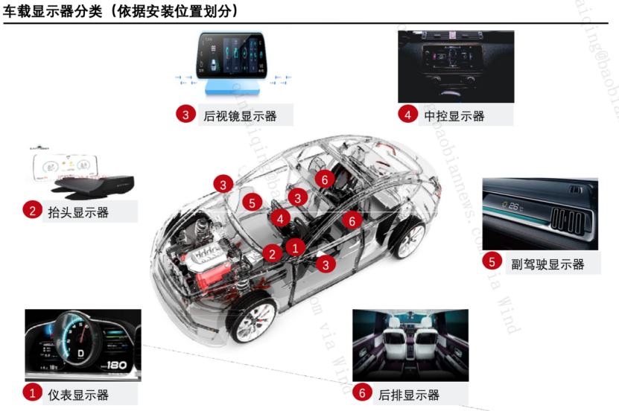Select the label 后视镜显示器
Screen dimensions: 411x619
[x=240, y=115]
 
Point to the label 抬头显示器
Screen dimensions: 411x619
[x=77, y=212]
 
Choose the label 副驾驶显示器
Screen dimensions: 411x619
[x=547, y=264]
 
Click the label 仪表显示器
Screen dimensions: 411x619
[x=77, y=394]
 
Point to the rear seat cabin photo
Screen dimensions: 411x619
[x=410, y=344]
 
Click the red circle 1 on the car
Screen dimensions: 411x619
[x=296, y=246]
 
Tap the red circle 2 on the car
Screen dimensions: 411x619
[x=273, y=254]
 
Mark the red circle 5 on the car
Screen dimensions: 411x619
[x=253, y=203]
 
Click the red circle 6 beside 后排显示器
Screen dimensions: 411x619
[x=362, y=392]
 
